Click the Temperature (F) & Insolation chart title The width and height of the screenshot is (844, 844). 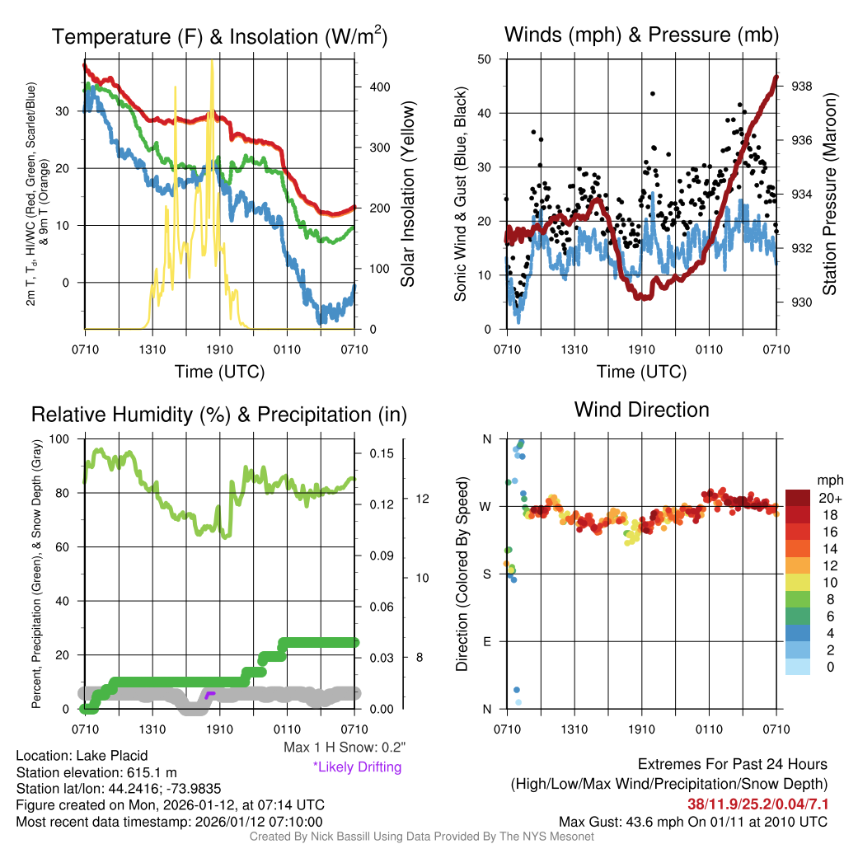pos(219,36)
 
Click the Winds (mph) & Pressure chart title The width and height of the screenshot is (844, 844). pos(641,35)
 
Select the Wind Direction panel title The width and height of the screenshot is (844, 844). pos(641,410)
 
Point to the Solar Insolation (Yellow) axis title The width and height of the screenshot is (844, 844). pos(408,195)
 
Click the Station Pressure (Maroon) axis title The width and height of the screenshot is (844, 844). pos(829,195)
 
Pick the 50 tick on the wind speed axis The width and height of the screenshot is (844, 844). pos(485,59)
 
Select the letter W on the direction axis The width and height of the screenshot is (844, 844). pos(485,506)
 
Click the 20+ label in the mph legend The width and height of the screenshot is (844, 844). pos(829,498)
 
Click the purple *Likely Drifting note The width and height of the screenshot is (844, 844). pos(357,767)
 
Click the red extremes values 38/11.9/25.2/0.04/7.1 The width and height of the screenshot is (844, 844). pos(757,804)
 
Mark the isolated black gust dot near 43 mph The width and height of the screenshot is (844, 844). pos(653,94)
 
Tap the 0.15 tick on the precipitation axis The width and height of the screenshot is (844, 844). pos(381,453)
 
